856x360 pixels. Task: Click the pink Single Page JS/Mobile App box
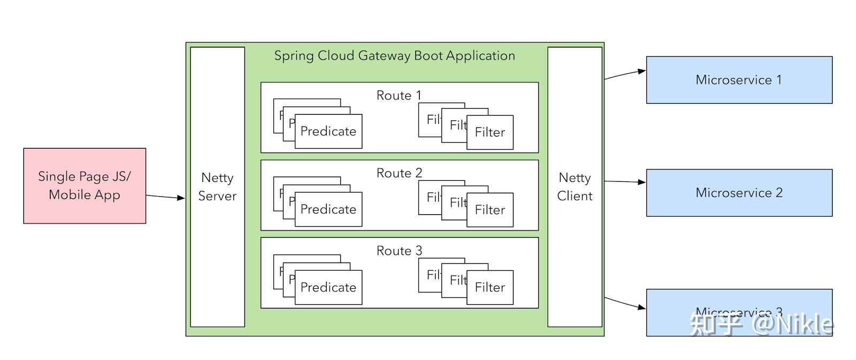tap(85, 186)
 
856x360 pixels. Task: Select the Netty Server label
tap(217, 187)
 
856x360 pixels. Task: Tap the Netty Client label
tap(575, 187)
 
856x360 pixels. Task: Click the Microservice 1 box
tap(739, 80)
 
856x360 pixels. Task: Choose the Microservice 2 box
tap(739, 193)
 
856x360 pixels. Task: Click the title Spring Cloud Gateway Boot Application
tap(394, 56)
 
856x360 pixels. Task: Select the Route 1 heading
tap(399, 96)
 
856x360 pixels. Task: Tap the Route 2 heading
tap(399, 173)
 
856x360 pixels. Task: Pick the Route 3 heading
tap(399, 251)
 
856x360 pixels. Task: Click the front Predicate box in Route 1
tap(328, 132)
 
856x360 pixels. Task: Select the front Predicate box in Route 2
tap(328, 210)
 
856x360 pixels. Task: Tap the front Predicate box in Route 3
tap(328, 288)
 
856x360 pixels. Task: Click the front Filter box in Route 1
tap(490, 132)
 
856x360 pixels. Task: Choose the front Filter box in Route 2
tap(490, 210)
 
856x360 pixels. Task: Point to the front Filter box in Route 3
tap(490, 288)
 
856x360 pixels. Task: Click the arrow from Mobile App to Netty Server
tap(165, 197)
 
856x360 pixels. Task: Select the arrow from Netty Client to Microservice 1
tap(624, 74)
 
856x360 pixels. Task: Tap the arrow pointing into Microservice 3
tap(624, 303)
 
